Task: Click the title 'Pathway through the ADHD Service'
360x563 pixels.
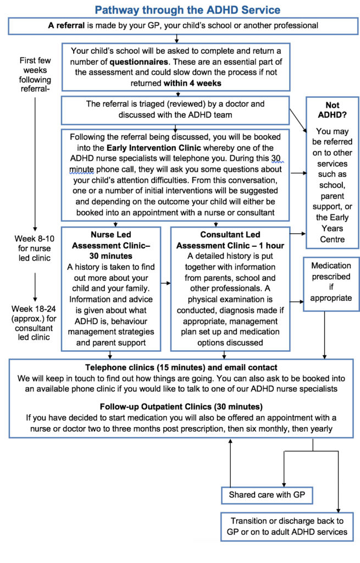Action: [x=187, y=10]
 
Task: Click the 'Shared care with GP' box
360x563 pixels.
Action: [x=267, y=495]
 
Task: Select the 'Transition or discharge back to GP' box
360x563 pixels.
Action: [x=287, y=526]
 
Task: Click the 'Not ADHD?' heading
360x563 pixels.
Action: [x=333, y=110]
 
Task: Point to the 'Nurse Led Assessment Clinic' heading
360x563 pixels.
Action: [x=111, y=245]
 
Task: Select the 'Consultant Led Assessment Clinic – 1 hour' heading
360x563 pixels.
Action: [x=230, y=240]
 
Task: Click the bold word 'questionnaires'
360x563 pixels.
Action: [x=139, y=62]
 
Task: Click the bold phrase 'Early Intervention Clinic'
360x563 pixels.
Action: [x=154, y=148]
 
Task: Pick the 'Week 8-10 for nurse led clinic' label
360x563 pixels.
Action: [x=35, y=248]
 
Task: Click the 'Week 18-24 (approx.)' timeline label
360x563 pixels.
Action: [x=34, y=313]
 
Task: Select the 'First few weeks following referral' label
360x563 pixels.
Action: [x=35, y=75]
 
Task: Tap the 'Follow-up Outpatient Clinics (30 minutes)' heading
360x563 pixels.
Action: [x=181, y=407]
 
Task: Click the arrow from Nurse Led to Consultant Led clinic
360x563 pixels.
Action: [x=165, y=283]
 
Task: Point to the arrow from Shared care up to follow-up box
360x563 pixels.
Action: [x=230, y=463]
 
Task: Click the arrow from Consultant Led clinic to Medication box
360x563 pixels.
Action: [x=297, y=302]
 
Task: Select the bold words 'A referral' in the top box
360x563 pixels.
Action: [x=67, y=25]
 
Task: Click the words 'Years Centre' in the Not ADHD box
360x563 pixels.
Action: [x=333, y=234]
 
